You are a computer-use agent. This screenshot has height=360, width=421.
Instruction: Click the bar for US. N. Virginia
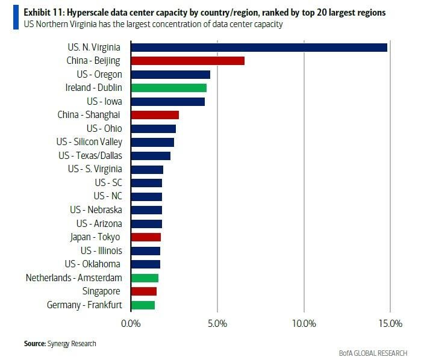tap(259, 47)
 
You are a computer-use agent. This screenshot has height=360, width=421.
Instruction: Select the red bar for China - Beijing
tap(187, 61)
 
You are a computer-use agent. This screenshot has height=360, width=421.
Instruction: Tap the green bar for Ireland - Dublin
tap(169, 88)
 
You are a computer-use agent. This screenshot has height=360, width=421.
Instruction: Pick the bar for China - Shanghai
tap(155, 115)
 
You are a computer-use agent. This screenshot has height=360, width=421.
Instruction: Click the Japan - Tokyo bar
tap(146, 237)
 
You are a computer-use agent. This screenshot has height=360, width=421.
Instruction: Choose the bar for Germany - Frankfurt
tap(143, 305)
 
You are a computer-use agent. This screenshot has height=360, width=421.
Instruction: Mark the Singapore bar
tap(143, 291)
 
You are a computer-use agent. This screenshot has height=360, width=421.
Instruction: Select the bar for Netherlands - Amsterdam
tap(145, 278)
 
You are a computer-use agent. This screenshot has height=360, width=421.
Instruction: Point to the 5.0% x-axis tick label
tap(217, 324)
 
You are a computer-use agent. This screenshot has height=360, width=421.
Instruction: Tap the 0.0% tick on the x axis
tap(131, 324)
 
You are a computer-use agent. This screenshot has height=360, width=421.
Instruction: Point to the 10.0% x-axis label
tap(304, 324)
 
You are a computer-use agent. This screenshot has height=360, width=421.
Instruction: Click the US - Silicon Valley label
tap(89, 142)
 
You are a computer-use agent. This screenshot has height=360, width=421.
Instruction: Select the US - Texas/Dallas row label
tap(90, 155)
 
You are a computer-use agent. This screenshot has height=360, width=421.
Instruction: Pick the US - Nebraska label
tap(96, 210)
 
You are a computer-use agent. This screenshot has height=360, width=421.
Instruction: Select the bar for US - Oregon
tap(170, 75)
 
